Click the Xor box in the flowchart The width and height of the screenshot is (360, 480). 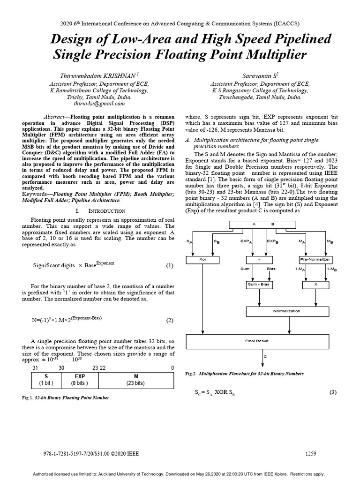(202, 259)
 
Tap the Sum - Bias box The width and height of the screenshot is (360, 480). (259, 285)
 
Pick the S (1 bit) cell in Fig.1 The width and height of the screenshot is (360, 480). (46, 380)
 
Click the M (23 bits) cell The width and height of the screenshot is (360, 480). (136, 380)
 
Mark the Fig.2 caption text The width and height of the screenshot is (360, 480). (244, 374)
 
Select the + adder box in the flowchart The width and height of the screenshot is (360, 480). (259, 259)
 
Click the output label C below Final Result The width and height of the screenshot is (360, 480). (265, 357)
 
